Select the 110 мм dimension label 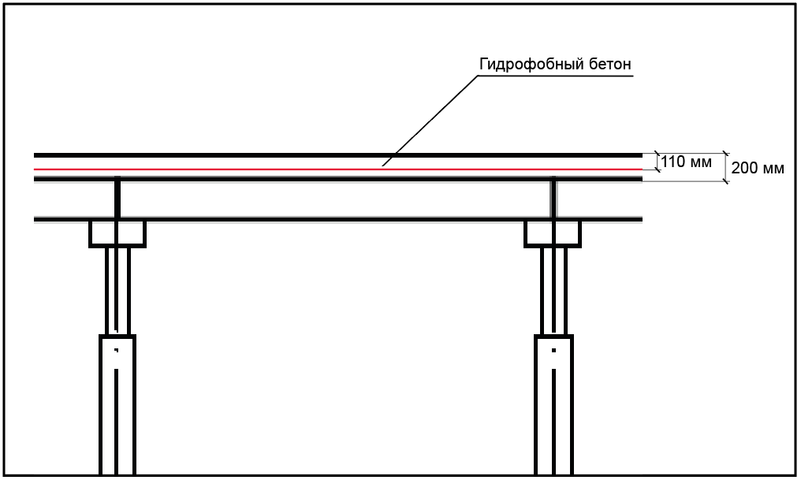pos(686,162)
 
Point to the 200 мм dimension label pos(758,168)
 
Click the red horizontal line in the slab pos(338,169)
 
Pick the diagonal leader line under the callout pos(430,121)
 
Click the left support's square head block pos(117,234)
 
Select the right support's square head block pos(553,234)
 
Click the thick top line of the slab pos(338,154)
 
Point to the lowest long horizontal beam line pos(338,220)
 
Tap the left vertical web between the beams pos(117,198)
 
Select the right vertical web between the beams pos(553,198)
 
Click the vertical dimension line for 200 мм pos(725,167)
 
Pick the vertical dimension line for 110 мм pos(658,162)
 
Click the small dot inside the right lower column pos(553,350)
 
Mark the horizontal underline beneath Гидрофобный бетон pos(556,76)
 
